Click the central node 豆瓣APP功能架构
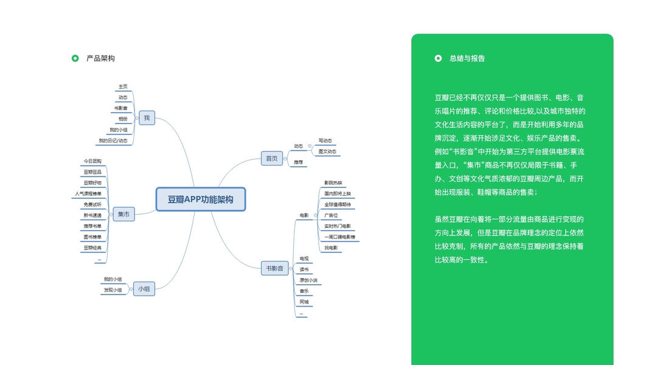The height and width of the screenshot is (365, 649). (x=201, y=200)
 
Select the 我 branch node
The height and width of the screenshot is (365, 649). (x=147, y=118)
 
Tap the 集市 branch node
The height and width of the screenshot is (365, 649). (x=123, y=214)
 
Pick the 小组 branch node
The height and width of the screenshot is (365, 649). (x=144, y=290)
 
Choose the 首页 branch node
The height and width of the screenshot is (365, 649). (x=271, y=159)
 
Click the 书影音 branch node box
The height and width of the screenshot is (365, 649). (x=274, y=268)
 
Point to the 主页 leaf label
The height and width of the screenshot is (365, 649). (x=123, y=86)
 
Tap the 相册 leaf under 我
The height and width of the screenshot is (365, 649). (x=123, y=119)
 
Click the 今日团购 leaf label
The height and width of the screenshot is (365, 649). (x=92, y=161)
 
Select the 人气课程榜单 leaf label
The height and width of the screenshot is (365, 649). (x=88, y=194)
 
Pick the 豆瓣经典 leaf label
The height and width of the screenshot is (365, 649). (x=92, y=248)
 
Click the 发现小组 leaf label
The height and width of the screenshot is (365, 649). (x=113, y=290)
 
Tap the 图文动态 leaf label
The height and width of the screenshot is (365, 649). (x=327, y=151)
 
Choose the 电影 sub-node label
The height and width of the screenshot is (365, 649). (x=304, y=215)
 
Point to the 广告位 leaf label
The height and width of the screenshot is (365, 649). (x=331, y=215)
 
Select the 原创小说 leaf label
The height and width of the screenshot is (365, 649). (x=308, y=280)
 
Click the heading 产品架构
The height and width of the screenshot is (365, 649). (x=100, y=58)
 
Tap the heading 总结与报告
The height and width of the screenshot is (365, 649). (x=467, y=58)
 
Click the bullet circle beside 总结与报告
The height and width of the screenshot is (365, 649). (x=438, y=58)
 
